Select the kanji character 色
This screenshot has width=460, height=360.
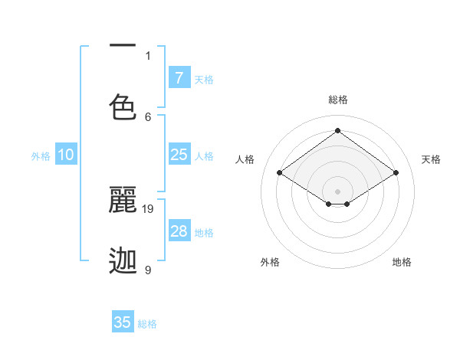(x=123, y=107)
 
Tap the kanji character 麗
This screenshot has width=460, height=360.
(x=123, y=200)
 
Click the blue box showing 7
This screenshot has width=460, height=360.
(x=179, y=77)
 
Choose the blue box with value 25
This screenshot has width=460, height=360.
(x=179, y=155)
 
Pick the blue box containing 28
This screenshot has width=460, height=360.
(x=179, y=231)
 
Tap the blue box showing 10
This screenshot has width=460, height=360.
(x=66, y=155)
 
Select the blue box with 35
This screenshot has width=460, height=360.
(x=123, y=322)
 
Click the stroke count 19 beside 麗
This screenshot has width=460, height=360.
(x=149, y=208)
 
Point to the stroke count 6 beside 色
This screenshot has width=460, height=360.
(x=148, y=116)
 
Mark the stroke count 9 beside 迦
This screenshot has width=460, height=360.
(x=148, y=270)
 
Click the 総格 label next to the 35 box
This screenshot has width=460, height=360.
(x=147, y=324)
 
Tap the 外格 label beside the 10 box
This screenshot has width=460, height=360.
(x=41, y=156)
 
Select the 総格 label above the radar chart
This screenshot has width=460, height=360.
(x=338, y=100)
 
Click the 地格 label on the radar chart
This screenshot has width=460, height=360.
(x=402, y=262)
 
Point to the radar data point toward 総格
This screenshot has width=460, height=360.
(x=337, y=130)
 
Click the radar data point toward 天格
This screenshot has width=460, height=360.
(x=396, y=173)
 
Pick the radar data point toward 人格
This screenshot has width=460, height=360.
(x=279, y=173)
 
